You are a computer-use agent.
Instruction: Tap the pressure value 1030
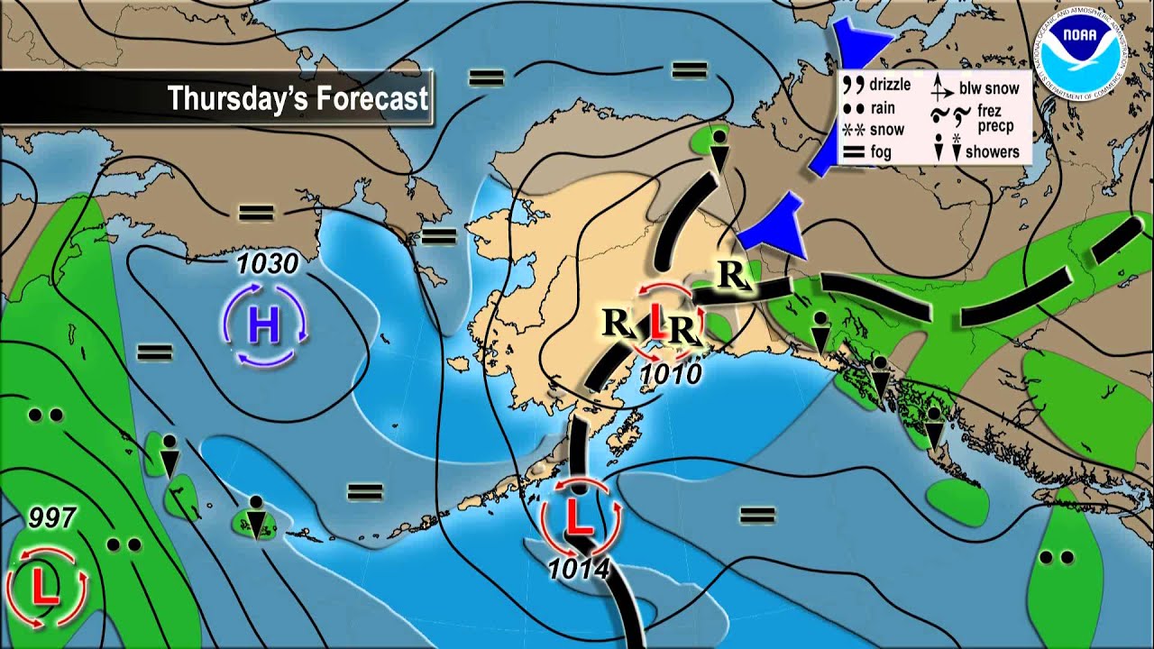(x=268, y=264)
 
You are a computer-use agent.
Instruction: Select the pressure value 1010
(x=670, y=373)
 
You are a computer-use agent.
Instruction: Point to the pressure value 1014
(x=579, y=569)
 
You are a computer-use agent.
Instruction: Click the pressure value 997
(x=52, y=517)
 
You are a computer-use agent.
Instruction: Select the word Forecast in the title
(x=371, y=98)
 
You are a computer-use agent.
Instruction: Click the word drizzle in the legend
(x=890, y=86)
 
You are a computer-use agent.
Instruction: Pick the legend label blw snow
(x=989, y=87)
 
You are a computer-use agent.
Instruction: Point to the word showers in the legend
(x=992, y=151)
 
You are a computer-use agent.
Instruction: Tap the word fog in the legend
(x=881, y=152)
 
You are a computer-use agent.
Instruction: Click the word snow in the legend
(x=886, y=129)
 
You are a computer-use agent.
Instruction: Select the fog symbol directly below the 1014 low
(x=757, y=516)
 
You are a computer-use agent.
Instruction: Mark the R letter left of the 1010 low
(x=617, y=321)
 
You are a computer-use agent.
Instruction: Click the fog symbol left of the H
(x=155, y=352)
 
